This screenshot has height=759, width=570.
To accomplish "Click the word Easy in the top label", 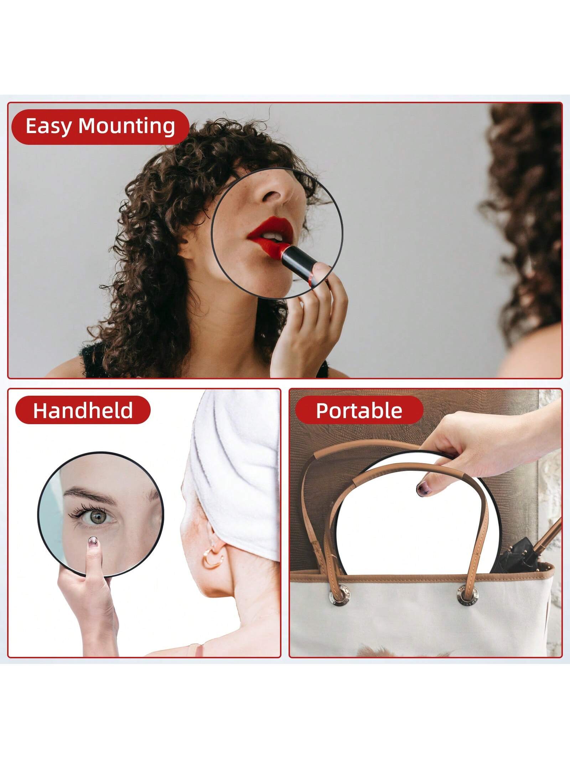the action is (48, 126).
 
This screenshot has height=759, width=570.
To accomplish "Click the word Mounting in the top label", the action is (127, 127).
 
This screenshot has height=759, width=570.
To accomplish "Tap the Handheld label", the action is (83, 410).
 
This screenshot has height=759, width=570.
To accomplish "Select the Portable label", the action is (359, 410).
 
